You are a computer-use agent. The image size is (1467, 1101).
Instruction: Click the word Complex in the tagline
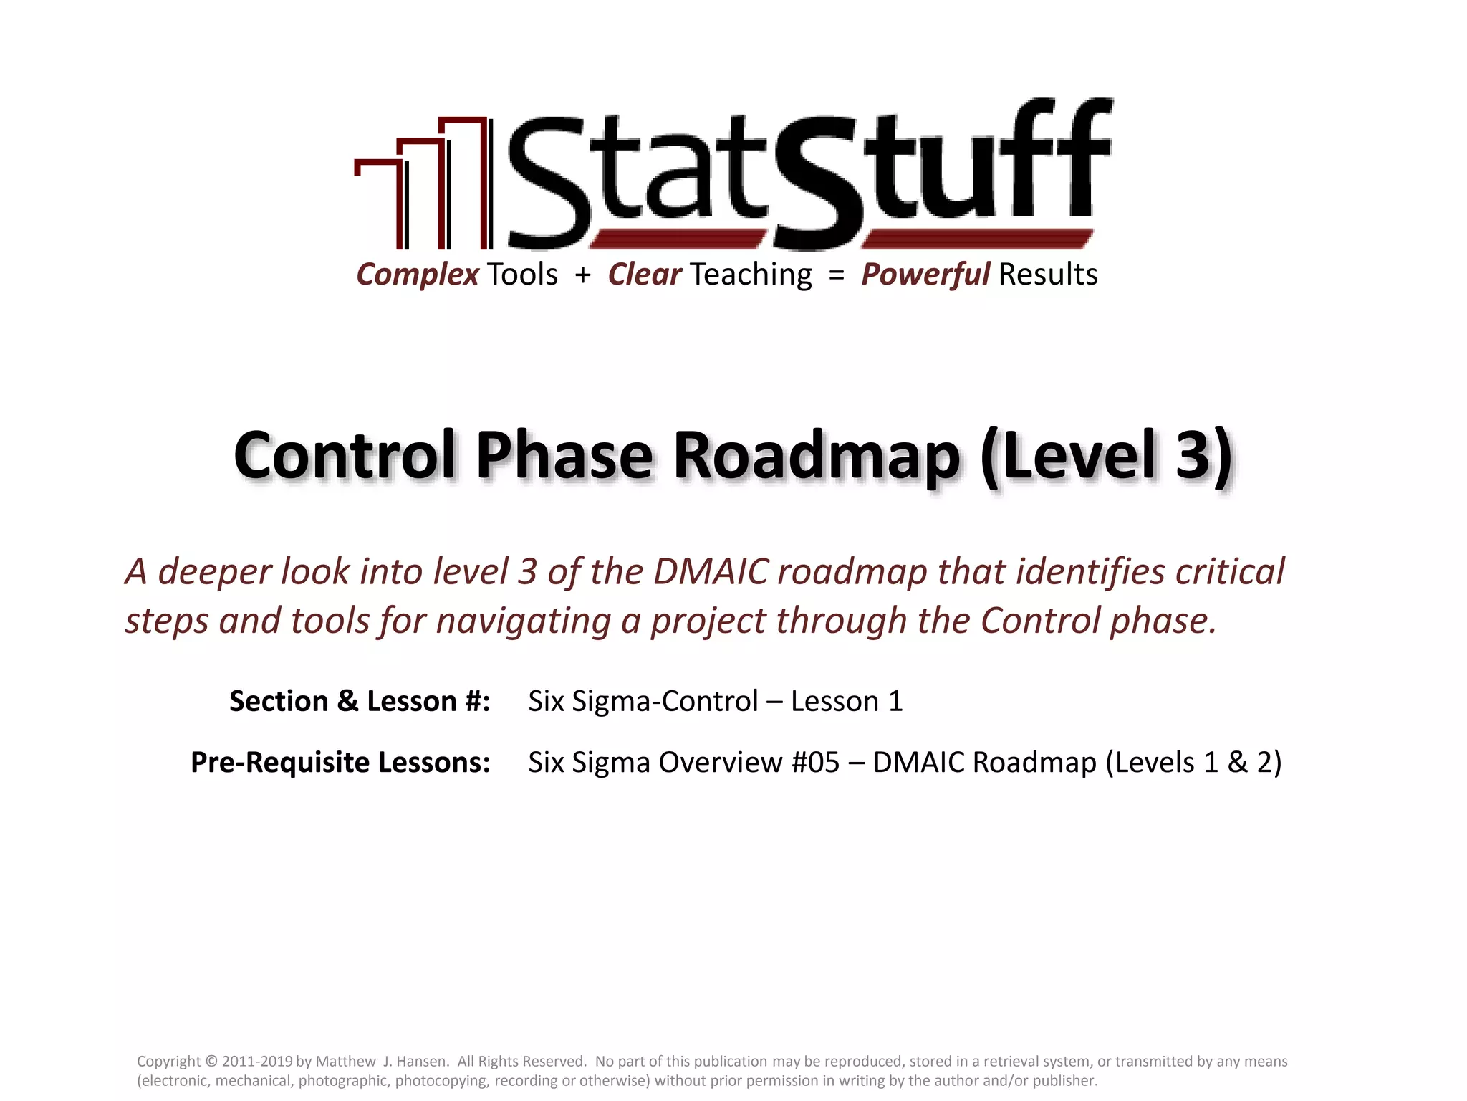[418, 275]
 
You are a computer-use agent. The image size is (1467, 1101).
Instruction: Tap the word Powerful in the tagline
[925, 275]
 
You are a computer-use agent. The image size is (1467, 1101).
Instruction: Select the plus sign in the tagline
[582, 275]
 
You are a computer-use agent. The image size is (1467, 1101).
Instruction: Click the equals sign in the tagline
[836, 275]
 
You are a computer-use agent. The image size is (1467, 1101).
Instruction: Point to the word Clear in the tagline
[644, 275]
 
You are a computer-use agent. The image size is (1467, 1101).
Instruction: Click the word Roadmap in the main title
[816, 457]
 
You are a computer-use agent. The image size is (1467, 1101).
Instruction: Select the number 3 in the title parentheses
[1192, 457]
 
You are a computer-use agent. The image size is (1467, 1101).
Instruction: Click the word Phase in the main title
[564, 457]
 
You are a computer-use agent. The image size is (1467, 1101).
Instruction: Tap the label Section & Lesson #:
[360, 701]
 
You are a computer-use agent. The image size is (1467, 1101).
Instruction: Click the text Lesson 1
[847, 701]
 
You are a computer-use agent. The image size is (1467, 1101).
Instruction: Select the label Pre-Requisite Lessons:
[340, 762]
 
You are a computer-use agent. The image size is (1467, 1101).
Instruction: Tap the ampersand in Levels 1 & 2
[1237, 762]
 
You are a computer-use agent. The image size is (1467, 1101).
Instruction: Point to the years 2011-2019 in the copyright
[257, 1062]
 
